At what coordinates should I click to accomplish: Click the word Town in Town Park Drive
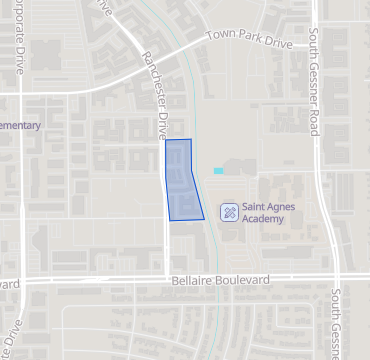pyautogui.click(x=222, y=36)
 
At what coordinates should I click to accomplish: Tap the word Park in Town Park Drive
pyautogui.click(x=247, y=41)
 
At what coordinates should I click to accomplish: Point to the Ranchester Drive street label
pyautogui.click(x=156, y=96)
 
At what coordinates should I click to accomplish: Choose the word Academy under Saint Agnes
pyautogui.click(x=264, y=219)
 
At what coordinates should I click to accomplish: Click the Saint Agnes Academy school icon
pyautogui.click(x=229, y=212)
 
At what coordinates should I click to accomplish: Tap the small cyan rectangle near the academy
pyautogui.click(x=218, y=171)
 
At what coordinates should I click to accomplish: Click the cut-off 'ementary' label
pyautogui.click(x=20, y=126)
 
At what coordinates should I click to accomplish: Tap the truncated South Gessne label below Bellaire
pyautogui.click(x=339, y=325)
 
